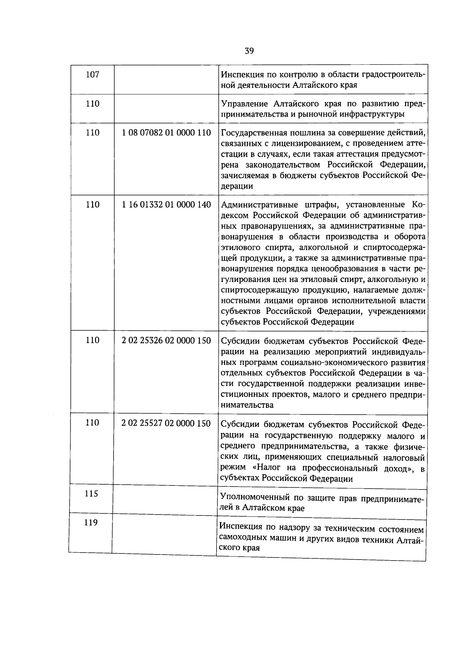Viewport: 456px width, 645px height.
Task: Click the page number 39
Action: point(249,51)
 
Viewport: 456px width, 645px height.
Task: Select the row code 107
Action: point(93,74)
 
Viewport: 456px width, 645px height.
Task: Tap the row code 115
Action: point(91,494)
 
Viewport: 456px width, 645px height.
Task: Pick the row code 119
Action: point(91,523)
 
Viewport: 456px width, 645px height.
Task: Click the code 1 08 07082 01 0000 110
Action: point(166,133)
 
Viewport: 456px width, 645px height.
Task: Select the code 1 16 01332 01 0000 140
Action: point(166,204)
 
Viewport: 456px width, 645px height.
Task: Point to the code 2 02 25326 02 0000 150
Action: point(166,340)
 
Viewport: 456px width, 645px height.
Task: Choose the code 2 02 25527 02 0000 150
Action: point(166,423)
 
